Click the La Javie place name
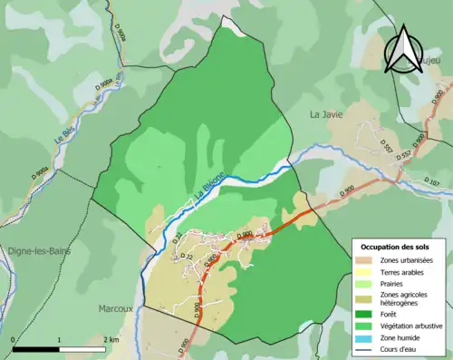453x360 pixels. pos(327,115)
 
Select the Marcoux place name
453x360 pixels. pos(115,308)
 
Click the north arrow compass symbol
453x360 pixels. pos(402,50)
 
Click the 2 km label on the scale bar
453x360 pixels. pos(110,339)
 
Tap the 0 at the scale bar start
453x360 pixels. pos(14,339)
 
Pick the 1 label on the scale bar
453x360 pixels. pos(60,339)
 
